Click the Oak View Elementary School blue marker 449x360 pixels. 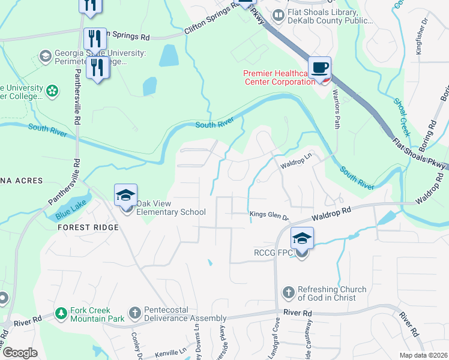point(126,196)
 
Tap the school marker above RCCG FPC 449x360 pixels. point(302,239)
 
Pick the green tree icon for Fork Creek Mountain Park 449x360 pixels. point(61,313)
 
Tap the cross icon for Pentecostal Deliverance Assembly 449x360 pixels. point(135,313)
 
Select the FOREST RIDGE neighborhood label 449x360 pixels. point(88,227)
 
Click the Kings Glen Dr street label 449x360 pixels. point(269,214)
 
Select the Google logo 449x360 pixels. point(19,353)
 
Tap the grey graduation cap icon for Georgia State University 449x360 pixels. point(44,57)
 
